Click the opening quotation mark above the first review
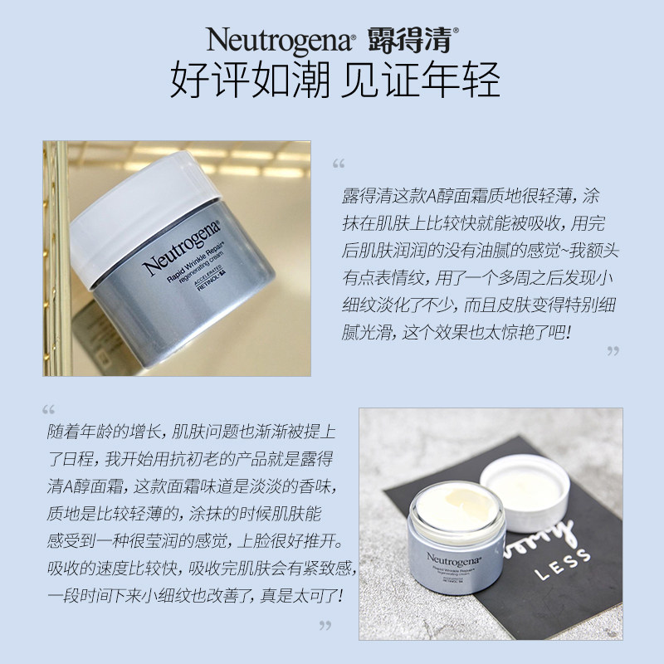(x=337, y=163)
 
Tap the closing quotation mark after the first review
(x=613, y=351)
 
